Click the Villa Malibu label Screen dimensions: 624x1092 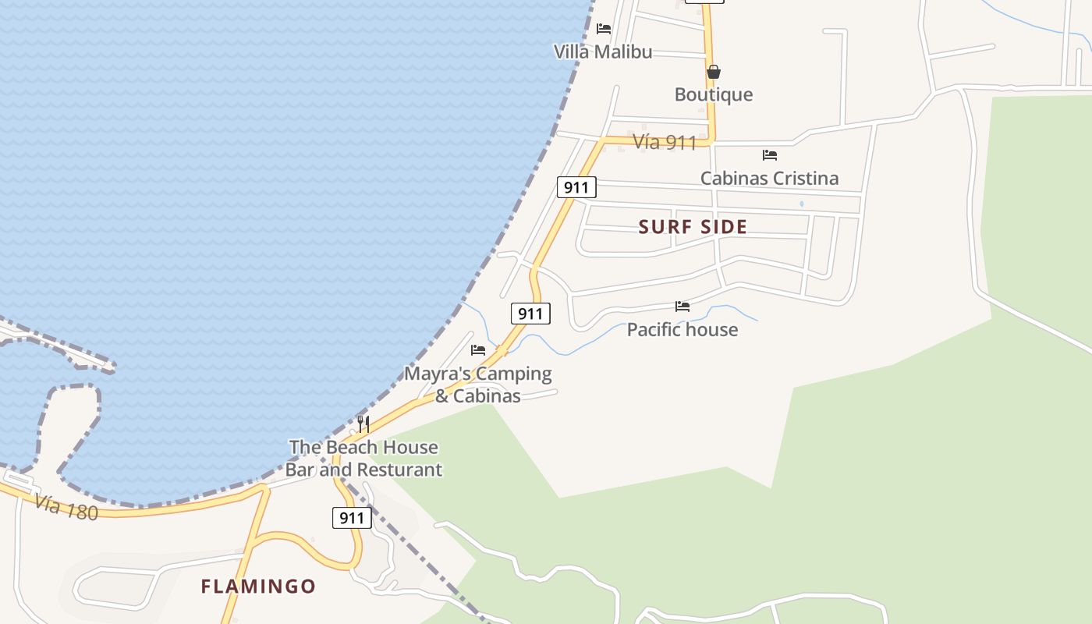(x=602, y=52)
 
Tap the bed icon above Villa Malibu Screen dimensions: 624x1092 (x=604, y=29)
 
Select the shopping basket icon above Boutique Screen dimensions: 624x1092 (x=713, y=72)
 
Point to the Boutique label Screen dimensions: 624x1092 (x=714, y=94)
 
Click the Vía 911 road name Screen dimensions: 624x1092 (x=664, y=142)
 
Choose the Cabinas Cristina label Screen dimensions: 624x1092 (x=769, y=178)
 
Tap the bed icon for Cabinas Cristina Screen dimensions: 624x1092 (x=770, y=154)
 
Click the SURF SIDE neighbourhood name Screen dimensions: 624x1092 (x=693, y=227)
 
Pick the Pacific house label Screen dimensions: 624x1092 (x=682, y=329)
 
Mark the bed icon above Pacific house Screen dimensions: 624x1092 (x=682, y=307)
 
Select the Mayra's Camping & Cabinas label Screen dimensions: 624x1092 (x=477, y=385)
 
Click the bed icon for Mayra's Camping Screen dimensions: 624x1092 (x=478, y=350)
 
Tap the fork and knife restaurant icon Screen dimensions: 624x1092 (x=363, y=424)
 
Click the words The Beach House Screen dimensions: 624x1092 (x=363, y=447)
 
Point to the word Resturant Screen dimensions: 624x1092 (x=399, y=470)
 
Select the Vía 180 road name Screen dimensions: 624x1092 (x=66, y=507)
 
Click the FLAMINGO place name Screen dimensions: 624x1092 (x=258, y=586)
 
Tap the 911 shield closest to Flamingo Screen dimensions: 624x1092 (x=352, y=518)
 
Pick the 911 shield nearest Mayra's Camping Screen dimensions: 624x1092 (x=530, y=314)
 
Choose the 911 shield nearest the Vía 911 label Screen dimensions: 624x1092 (x=576, y=187)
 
